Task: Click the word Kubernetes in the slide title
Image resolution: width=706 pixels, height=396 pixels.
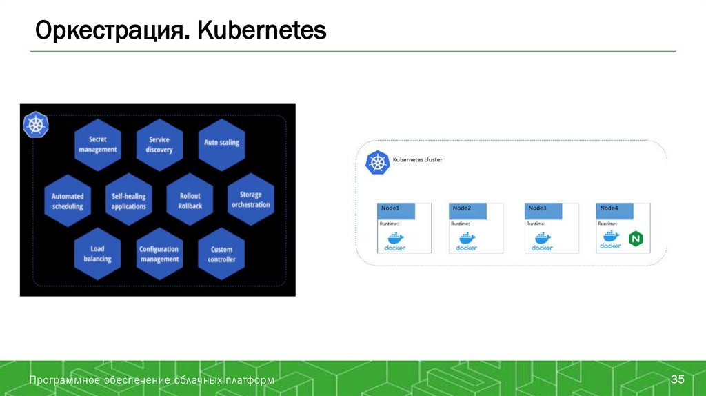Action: pyautogui.click(x=262, y=31)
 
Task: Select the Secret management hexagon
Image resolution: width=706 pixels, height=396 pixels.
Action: pyautogui.click(x=97, y=144)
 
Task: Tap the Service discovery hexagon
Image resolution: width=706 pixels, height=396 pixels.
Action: pyautogui.click(x=159, y=144)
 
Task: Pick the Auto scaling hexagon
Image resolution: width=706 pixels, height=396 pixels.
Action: pyautogui.click(x=221, y=143)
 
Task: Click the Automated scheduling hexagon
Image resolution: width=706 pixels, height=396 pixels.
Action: pyautogui.click(x=68, y=201)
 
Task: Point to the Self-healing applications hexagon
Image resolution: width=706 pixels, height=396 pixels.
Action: pyautogui.click(x=129, y=201)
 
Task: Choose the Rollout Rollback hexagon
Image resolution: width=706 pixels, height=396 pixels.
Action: pyautogui.click(x=190, y=201)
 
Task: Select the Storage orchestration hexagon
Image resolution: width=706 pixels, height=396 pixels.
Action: pyautogui.click(x=251, y=200)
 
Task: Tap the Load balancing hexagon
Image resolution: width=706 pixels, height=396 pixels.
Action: pyautogui.click(x=97, y=254)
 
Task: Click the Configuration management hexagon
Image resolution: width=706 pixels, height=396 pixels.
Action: pyautogui.click(x=159, y=254)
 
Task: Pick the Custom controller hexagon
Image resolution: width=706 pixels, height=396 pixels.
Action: pyautogui.click(x=221, y=254)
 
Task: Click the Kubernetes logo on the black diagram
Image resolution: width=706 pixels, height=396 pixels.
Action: pyautogui.click(x=36, y=126)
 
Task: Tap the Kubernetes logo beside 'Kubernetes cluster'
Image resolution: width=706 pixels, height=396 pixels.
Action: pyautogui.click(x=376, y=163)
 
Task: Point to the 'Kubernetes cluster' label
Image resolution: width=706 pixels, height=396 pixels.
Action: pyautogui.click(x=418, y=160)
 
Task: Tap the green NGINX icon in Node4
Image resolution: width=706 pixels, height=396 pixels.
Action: pyautogui.click(x=635, y=240)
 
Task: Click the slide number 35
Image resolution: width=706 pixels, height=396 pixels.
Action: pyautogui.click(x=678, y=380)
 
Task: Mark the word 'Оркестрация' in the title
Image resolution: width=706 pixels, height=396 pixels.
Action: pyautogui.click(x=111, y=31)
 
